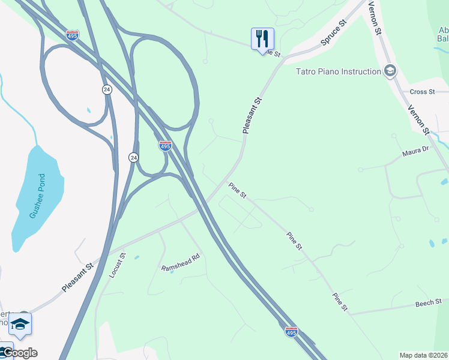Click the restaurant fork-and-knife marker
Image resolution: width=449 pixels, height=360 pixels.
point(262,39)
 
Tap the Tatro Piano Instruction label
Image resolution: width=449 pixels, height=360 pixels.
point(339,71)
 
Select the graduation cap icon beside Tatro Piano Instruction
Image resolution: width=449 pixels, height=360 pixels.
point(390,71)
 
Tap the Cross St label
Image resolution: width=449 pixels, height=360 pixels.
point(423,92)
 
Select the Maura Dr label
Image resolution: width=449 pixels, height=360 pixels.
point(415,151)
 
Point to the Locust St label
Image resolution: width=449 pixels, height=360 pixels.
point(117,265)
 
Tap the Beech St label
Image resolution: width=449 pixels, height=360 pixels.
point(429,304)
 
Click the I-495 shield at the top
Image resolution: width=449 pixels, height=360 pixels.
point(72,35)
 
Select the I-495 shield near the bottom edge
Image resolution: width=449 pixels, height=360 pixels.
point(291,331)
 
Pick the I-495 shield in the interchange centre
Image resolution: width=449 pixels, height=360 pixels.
point(166,145)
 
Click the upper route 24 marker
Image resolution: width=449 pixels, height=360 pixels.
point(106,89)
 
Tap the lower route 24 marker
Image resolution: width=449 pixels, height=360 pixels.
point(133,157)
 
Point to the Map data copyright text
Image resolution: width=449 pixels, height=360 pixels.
point(423,355)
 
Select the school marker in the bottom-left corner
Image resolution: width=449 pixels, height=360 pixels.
point(20,324)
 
